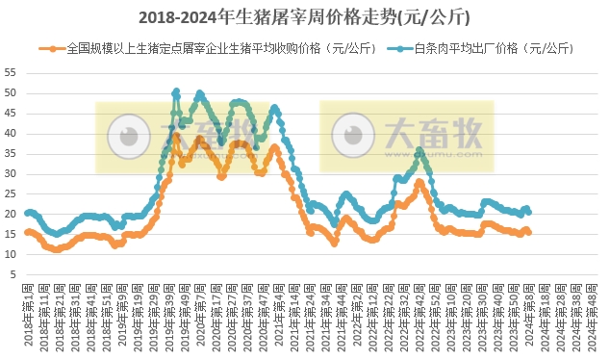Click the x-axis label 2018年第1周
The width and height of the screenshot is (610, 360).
coord(28,314)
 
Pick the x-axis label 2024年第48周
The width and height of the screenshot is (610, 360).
coord(592,314)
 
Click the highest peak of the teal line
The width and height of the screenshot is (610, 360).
coord(176,92)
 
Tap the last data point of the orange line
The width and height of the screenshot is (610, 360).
coord(528,232)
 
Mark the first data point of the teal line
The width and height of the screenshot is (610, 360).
coord(27,213)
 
